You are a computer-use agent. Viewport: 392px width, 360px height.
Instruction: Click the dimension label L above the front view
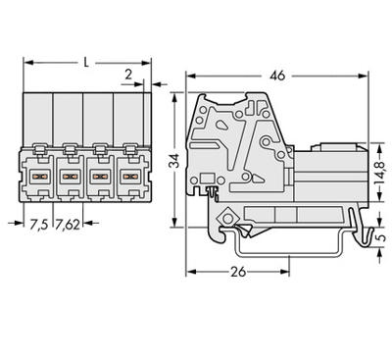[x=87, y=63]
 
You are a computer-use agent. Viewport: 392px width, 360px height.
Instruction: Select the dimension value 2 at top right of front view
[x=128, y=74]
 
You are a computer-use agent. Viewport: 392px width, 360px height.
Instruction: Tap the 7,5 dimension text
[x=36, y=224]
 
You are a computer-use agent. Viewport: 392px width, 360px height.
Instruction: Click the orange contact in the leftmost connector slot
[x=42, y=179]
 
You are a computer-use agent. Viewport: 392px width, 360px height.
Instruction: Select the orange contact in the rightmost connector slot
[x=128, y=179]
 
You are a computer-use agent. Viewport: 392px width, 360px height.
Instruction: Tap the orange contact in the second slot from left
[x=71, y=179]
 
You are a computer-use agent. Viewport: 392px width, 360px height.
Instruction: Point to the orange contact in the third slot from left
[x=100, y=179]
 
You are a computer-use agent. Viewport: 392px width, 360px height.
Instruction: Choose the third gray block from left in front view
[x=100, y=117]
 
